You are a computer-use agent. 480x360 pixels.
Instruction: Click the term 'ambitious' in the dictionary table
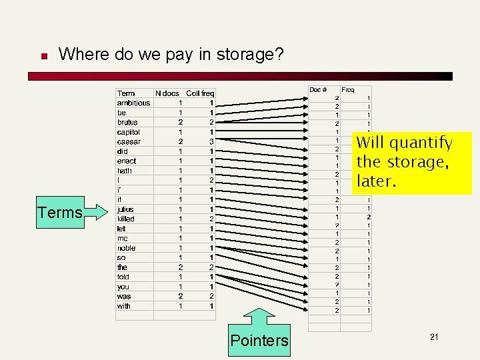(133, 103)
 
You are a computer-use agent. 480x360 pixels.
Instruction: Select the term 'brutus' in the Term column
(127, 123)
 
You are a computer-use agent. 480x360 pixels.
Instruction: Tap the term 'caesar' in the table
(129, 142)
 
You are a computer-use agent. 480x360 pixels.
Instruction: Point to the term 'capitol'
(129, 132)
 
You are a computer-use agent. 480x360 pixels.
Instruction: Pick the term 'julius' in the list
(125, 209)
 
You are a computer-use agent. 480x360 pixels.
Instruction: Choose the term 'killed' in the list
(125, 219)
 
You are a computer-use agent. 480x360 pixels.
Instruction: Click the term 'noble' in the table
(126, 248)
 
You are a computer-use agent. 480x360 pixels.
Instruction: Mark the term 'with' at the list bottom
(124, 306)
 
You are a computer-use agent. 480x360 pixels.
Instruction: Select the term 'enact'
(126, 161)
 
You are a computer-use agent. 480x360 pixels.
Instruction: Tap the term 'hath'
(125, 171)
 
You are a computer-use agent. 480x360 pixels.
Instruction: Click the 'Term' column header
(126, 93)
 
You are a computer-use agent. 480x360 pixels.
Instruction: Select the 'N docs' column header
(167, 93)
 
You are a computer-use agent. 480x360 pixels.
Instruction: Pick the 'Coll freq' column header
(200, 93)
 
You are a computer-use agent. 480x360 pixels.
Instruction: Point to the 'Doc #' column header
(318, 89)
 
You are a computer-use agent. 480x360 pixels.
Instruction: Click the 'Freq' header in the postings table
(347, 89)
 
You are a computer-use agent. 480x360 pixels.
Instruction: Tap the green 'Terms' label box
(60, 213)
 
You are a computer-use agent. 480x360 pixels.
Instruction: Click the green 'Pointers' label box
(259, 340)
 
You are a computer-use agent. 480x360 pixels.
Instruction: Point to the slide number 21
(434, 337)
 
